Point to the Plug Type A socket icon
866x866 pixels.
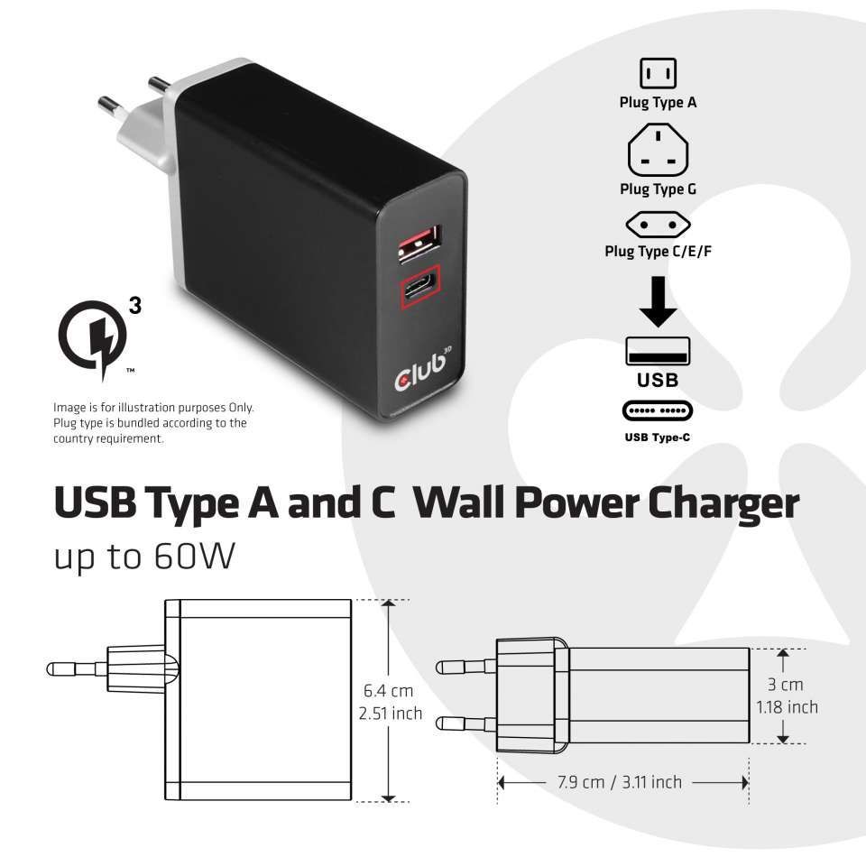point(658,72)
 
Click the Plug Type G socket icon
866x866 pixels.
point(658,151)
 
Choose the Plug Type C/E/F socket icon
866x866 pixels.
point(658,224)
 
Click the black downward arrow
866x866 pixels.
point(658,301)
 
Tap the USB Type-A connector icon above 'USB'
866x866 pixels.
point(658,351)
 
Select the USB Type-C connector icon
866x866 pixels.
point(658,411)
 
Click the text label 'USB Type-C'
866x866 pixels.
point(658,438)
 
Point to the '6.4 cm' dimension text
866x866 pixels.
point(389,691)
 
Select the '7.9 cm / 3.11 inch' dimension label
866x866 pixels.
point(620,782)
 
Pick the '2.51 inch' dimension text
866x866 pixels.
point(390,714)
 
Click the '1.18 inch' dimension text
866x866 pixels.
point(788,707)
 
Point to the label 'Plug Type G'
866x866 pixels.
point(658,189)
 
